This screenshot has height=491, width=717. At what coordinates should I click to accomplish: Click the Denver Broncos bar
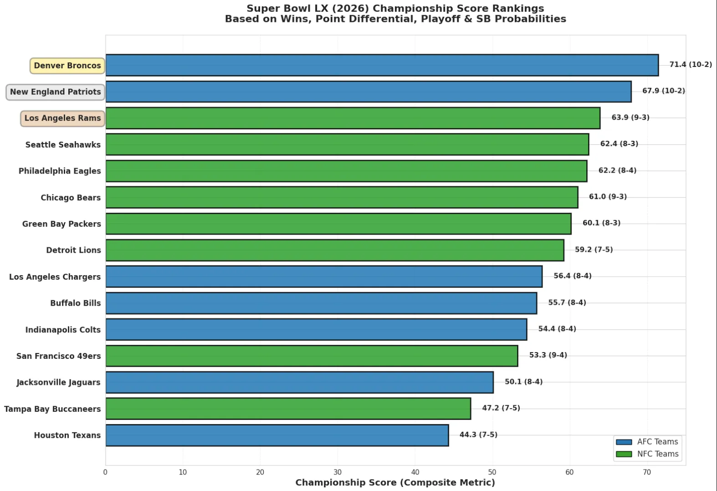tap(382, 65)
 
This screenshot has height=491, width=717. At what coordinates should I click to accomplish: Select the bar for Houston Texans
tap(277, 435)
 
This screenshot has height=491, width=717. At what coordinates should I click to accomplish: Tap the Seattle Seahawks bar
tap(347, 144)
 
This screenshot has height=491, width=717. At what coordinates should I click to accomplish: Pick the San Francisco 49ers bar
tap(312, 356)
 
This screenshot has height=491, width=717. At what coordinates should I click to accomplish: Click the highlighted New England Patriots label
tap(56, 92)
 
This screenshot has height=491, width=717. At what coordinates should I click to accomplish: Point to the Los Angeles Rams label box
tap(63, 118)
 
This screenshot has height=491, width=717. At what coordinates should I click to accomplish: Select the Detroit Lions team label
tap(73, 250)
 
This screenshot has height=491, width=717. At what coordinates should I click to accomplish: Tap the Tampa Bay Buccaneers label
tap(52, 409)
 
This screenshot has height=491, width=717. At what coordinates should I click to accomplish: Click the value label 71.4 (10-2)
tap(690, 65)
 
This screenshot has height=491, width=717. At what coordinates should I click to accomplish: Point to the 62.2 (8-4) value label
tap(617, 170)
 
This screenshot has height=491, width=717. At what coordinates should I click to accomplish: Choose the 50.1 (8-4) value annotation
tap(523, 382)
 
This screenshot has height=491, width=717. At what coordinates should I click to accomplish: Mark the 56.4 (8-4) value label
tap(572, 276)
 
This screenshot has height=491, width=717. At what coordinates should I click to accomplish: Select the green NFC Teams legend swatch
tap(624, 454)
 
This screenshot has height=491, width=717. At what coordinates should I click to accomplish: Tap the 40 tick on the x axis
tap(415, 472)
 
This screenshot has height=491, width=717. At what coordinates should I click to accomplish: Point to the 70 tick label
tap(647, 472)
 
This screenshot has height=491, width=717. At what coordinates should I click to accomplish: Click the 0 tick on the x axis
tap(105, 472)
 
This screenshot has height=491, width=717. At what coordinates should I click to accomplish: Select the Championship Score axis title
tap(395, 483)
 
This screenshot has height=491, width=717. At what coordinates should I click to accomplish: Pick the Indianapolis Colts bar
tap(316, 329)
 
